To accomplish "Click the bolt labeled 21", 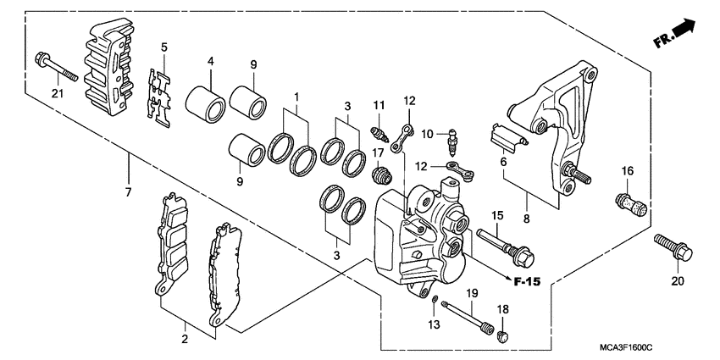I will pos(55,68).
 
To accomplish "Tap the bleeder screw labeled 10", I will pos(451,133).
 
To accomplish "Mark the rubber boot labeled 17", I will pos(383,175).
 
